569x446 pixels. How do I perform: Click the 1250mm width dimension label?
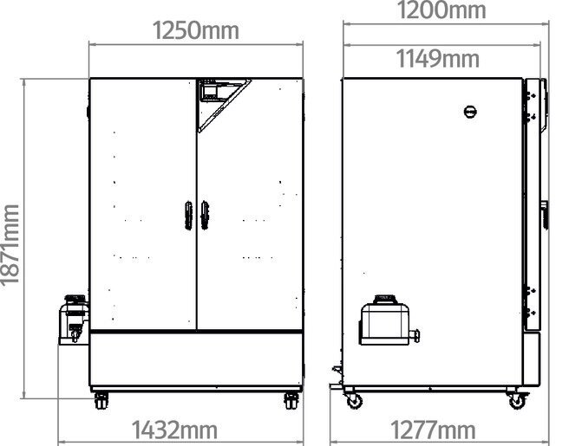196,32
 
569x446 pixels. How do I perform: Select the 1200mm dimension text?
442,10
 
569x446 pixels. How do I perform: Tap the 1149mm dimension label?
438,59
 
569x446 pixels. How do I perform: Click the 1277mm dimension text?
434,430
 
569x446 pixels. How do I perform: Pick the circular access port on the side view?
471,112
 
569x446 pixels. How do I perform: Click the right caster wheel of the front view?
291,401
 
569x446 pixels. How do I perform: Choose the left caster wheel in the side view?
354,400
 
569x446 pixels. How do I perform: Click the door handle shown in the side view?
543,213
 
